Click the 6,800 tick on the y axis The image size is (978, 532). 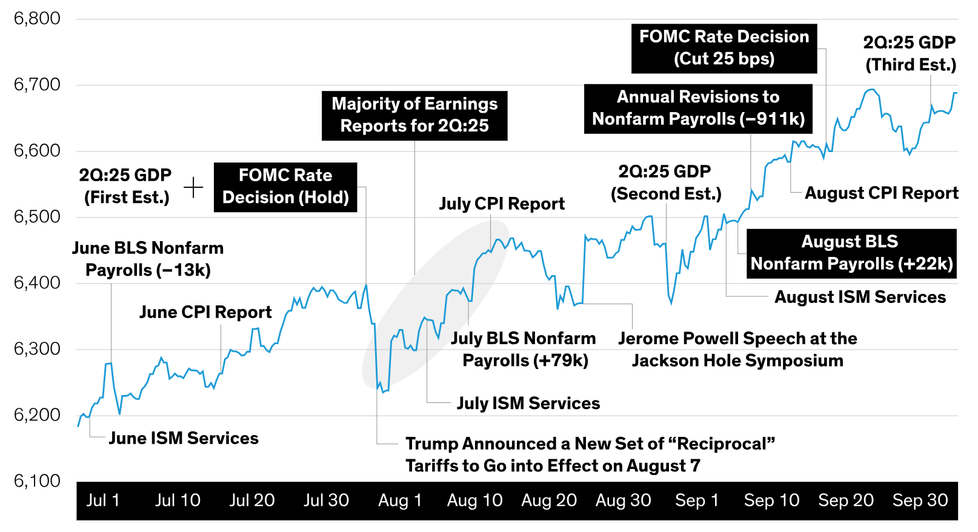[x=37, y=19]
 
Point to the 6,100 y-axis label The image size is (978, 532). [x=37, y=481]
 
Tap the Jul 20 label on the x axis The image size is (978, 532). [x=251, y=500]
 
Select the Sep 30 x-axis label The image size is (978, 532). [x=920, y=500]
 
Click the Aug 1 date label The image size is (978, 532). [x=400, y=500]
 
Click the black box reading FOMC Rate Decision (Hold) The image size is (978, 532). [x=285, y=187]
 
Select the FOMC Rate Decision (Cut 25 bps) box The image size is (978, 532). [x=724, y=48]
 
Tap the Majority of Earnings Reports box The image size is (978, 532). [x=414, y=115]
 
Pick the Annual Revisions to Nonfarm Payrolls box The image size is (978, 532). [x=698, y=108]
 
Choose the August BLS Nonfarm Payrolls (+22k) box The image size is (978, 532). [x=851, y=253]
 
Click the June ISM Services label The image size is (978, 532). [x=184, y=438]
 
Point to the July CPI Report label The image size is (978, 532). [x=502, y=204]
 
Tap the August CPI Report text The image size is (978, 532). [x=881, y=193]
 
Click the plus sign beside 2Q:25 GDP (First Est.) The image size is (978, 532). [x=193, y=187]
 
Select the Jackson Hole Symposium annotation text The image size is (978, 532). [x=737, y=350]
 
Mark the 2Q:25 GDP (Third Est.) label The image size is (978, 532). [x=910, y=54]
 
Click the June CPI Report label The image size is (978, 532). [x=205, y=312]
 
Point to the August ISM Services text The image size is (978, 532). [x=860, y=297]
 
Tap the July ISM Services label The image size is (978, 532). [x=528, y=404]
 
